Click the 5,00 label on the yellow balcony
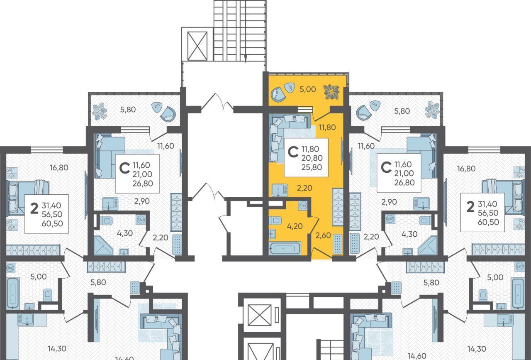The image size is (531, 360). [x=308, y=89]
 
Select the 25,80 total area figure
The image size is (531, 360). [x=312, y=167]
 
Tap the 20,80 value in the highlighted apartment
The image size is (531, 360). [x=312, y=158]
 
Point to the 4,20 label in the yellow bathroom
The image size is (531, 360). [x=295, y=226]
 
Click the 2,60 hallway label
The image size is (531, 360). [x=323, y=235]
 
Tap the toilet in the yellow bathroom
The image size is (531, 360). [x=275, y=220]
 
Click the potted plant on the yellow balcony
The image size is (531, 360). [x=331, y=92]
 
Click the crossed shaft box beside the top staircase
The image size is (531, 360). [x=197, y=46]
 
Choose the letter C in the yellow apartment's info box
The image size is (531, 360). [x=293, y=152]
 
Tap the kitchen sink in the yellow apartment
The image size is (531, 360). [x=280, y=190]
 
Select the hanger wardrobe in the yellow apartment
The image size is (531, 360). [x=338, y=206]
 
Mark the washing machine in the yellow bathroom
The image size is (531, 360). [x=303, y=205]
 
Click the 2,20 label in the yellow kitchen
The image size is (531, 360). [x=304, y=188]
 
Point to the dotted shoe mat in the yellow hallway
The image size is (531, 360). [x=337, y=244]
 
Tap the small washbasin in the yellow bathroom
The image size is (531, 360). [x=273, y=234]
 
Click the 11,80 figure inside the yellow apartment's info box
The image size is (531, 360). [x=310, y=149]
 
